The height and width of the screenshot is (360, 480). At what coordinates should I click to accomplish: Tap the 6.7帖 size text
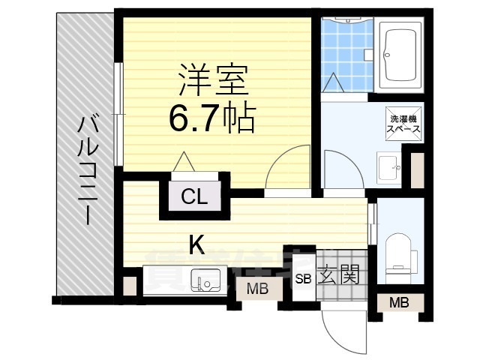213,118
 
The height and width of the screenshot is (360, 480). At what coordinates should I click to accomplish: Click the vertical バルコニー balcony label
87,169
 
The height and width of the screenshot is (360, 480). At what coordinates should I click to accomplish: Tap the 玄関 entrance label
338,275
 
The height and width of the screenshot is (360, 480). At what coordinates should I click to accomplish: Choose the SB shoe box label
303,279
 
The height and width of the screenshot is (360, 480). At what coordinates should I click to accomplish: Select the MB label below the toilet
399,302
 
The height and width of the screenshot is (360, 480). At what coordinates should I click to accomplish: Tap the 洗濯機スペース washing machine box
403,124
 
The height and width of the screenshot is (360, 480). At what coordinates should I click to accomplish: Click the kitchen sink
205,281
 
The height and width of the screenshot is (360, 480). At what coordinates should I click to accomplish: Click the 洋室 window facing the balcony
119,112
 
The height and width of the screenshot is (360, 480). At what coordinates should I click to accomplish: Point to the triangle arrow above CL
183,162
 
